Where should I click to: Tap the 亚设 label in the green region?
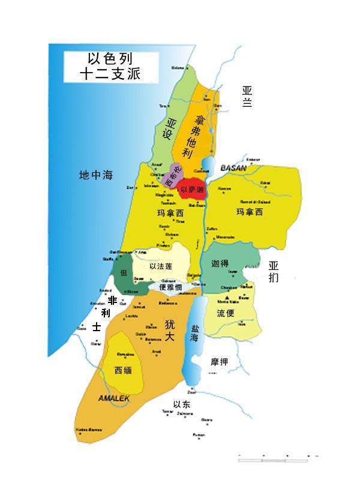(x=173, y=128)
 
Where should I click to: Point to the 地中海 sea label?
(x=96, y=176)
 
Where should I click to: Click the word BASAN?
(x=233, y=169)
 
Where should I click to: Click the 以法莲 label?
(x=161, y=266)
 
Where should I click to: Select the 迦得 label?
(x=220, y=263)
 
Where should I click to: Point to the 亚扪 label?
(x=274, y=271)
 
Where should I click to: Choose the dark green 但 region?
(x=123, y=274)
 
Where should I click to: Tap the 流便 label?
(x=225, y=313)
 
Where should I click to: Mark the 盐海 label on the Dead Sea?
(x=194, y=334)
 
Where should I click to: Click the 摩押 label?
(x=219, y=362)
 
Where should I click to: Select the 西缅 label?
(x=123, y=370)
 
